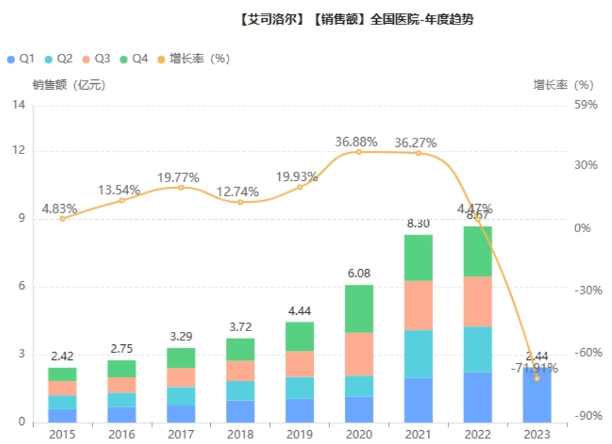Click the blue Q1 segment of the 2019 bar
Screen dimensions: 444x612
[299, 410]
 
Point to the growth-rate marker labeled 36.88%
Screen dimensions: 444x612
[359, 151]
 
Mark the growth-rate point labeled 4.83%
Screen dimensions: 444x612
[62, 218]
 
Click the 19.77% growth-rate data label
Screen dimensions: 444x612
[178, 177]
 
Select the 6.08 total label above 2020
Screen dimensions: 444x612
[359, 273]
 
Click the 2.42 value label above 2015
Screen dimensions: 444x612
[62, 356]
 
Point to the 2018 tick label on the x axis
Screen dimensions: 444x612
[240, 434]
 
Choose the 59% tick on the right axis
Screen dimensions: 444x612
[586, 105]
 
